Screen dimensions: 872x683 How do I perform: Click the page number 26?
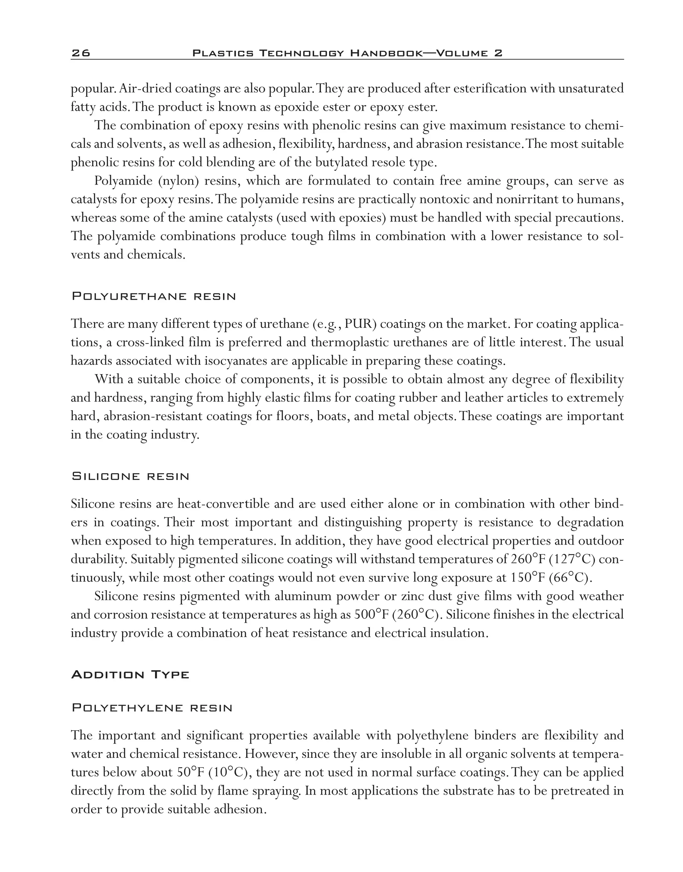(x=80, y=53)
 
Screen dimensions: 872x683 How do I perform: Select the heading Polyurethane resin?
(x=153, y=297)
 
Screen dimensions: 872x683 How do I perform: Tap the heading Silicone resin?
(x=130, y=477)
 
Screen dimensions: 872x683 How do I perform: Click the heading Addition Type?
(x=130, y=675)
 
